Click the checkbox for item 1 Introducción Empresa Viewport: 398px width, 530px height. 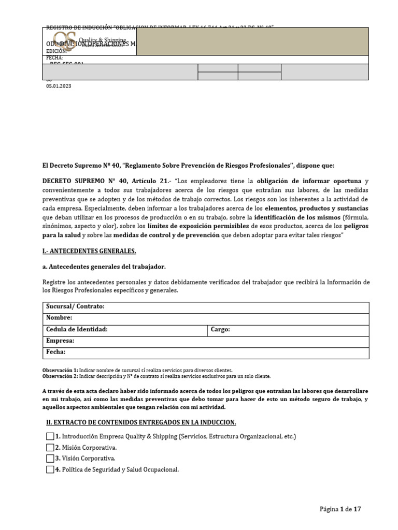point(50,436)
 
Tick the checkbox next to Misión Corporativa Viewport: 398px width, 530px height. point(50,447)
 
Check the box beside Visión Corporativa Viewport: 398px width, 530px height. point(50,458)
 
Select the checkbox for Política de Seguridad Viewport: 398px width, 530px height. point(50,469)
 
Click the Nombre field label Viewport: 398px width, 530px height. point(59,318)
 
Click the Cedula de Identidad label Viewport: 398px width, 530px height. point(77,329)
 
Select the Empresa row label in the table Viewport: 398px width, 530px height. point(60,341)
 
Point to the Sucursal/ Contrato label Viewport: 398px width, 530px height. point(75,306)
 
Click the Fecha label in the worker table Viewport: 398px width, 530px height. point(56,352)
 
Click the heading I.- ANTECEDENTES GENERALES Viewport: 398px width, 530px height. point(89,251)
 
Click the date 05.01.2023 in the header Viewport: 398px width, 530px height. point(59,86)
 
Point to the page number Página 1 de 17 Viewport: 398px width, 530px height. point(340,509)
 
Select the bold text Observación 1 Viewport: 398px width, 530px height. point(60,371)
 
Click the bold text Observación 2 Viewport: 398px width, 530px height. point(60,376)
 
